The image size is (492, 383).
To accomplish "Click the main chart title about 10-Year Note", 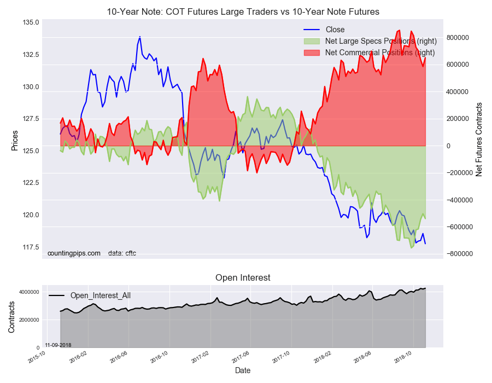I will (x=243, y=11).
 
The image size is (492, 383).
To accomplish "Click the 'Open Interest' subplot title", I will (x=243, y=278).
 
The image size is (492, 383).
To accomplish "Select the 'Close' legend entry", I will (x=335, y=30).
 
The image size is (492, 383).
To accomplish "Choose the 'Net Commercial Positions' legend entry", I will (x=379, y=53).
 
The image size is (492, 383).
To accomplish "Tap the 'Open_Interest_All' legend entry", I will (x=100, y=295).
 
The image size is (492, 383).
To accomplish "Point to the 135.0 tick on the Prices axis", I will (x=31, y=23).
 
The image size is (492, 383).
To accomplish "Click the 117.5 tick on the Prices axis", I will (x=31, y=247).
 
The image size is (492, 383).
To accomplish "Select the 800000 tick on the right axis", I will (x=458, y=37).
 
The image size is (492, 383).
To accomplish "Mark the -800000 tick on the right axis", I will (x=459, y=253).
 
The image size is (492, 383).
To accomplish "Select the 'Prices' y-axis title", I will (x=15, y=141).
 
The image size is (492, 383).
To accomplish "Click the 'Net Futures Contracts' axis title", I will (x=479, y=139).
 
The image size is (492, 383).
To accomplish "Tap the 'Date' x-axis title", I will (x=243, y=370).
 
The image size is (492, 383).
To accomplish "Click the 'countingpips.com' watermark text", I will (x=74, y=253).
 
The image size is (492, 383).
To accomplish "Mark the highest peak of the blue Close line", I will (x=140, y=37).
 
